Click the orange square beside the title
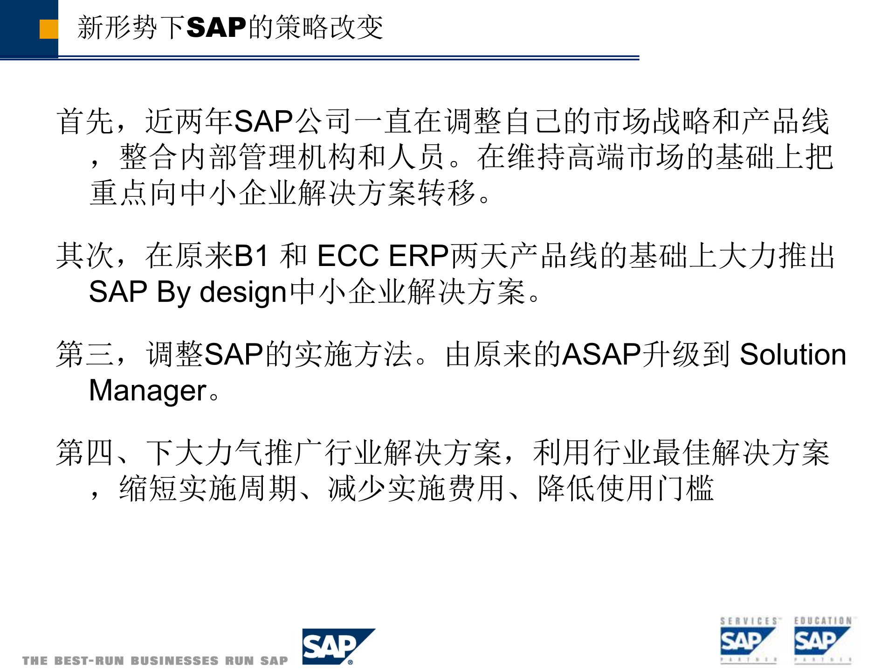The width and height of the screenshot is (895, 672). [48, 29]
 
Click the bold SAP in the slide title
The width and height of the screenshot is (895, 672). [216, 27]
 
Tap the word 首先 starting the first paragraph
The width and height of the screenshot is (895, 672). [85, 121]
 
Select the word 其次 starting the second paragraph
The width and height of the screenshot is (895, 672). [85, 256]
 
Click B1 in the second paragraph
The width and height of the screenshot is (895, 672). [251, 256]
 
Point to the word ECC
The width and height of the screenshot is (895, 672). [348, 256]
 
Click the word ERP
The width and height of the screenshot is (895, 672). [418, 256]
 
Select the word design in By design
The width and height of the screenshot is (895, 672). [242, 293]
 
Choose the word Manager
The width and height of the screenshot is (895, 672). [147, 391]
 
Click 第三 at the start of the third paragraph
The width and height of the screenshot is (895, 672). [85, 354]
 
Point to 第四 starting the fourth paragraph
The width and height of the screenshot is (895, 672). [85, 453]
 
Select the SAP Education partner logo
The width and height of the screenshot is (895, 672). [822, 640]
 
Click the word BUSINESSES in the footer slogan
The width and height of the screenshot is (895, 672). [174, 661]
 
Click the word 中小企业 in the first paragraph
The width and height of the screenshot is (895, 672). [238, 193]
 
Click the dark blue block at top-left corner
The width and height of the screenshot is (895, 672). [21, 28]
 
